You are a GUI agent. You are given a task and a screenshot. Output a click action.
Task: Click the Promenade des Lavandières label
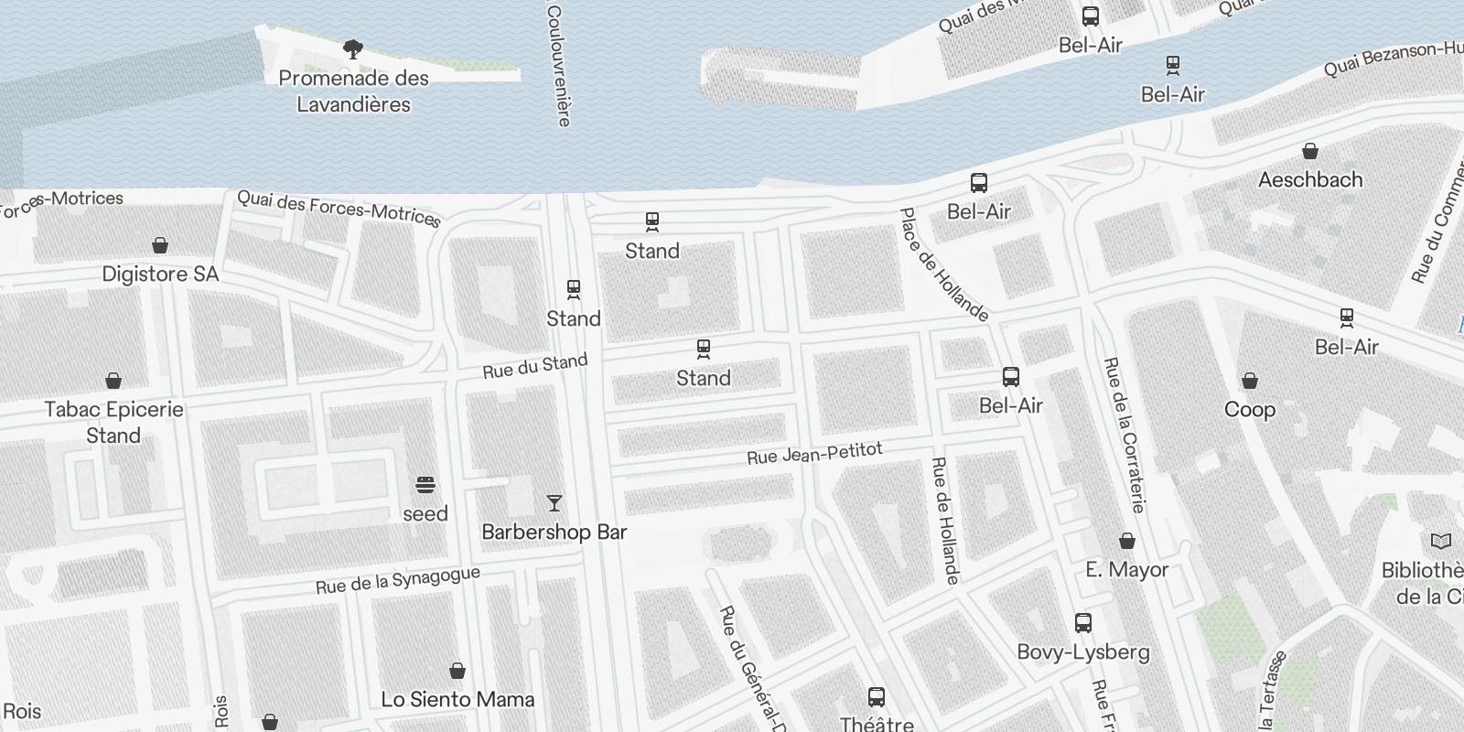point(353,91)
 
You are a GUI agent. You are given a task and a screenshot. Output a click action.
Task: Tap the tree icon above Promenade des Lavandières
point(353,49)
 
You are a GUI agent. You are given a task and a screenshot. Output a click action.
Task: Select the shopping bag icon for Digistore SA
point(160,245)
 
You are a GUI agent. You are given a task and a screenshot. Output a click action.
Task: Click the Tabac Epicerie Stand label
point(113,422)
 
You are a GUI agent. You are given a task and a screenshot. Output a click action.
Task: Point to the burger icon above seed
point(425,484)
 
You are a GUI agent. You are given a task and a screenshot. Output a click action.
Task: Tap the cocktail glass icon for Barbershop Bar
point(554,502)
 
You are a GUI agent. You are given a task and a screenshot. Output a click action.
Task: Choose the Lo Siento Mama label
point(457,699)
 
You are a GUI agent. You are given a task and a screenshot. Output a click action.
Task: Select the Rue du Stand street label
point(535,366)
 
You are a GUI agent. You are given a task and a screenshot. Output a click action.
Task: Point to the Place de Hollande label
point(944,265)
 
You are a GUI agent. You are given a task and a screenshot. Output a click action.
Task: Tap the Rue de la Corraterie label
point(1125,434)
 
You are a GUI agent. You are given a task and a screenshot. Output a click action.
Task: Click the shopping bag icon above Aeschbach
point(1310,151)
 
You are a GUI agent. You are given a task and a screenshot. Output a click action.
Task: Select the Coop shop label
point(1250,409)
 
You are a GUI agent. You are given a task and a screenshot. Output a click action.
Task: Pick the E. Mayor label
point(1126,569)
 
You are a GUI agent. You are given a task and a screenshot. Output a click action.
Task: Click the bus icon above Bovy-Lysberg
point(1083,623)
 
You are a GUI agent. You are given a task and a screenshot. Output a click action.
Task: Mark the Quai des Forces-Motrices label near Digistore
point(339,209)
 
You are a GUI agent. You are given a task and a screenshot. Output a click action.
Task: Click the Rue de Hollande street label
point(945,520)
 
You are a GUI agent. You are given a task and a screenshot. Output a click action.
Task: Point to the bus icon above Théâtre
point(877,697)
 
